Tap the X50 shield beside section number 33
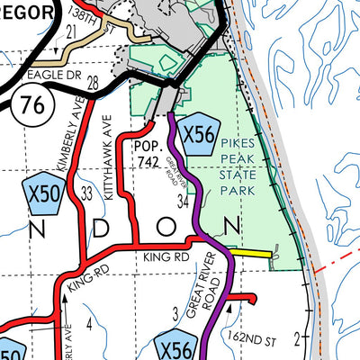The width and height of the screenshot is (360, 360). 40,193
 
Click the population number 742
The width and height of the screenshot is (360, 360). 151,160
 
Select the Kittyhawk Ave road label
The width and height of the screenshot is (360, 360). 111,145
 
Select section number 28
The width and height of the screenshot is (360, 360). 94,83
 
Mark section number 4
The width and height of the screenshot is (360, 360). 89,320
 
